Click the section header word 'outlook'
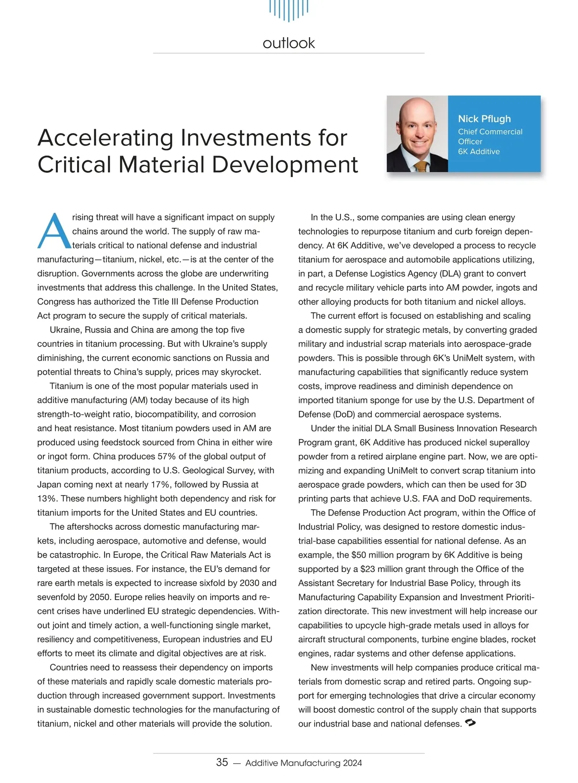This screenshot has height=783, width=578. coord(289,43)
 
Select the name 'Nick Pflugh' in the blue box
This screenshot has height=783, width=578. coord(484,119)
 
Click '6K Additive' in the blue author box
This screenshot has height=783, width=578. coord(479,151)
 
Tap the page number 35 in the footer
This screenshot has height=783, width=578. coord(222,762)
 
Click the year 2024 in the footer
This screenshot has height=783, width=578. coord(352,763)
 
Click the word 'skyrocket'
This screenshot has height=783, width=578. coord(241,372)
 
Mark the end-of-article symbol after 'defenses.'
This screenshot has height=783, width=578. coord(471,723)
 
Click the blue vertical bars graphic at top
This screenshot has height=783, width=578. coord(289,10)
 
